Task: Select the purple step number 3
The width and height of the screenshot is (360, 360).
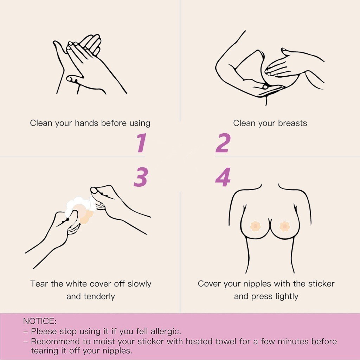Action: pos(141,177)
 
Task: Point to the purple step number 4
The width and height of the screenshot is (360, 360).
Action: pos(223,177)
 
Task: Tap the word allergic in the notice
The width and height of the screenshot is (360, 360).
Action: pos(166,331)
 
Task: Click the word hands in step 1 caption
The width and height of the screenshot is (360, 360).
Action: pos(87,123)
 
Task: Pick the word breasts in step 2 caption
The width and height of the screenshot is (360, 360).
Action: pos(292,123)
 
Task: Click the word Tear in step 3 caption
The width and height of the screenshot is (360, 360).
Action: pos(39,284)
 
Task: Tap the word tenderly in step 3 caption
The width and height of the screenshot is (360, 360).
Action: pos(99,296)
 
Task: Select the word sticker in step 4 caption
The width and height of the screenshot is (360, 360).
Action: pos(321,284)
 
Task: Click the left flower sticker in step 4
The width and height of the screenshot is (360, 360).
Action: pos(255,226)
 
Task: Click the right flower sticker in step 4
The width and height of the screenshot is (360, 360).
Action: pos(285,226)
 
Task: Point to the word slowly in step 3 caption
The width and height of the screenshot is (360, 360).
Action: pos(139,284)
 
